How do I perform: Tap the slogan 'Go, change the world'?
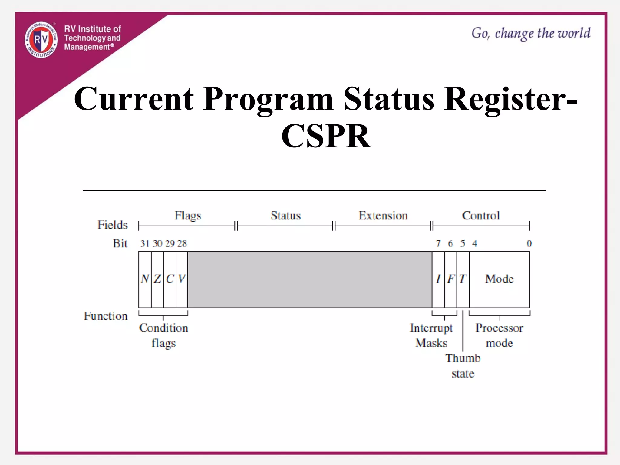pyautogui.click(x=531, y=33)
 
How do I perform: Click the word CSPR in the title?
pyautogui.click(x=326, y=136)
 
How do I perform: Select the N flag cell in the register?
pyautogui.click(x=145, y=279)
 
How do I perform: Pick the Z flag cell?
pyautogui.click(x=157, y=279)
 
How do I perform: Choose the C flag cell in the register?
pyautogui.click(x=170, y=279)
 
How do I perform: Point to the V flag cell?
pyautogui.click(x=182, y=279)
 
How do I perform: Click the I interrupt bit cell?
pyautogui.click(x=438, y=279)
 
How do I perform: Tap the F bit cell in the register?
pyautogui.click(x=450, y=279)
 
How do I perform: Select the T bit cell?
pyautogui.click(x=463, y=279)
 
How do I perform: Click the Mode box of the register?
pyautogui.click(x=500, y=279)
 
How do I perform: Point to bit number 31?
pyautogui.click(x=145, y=243)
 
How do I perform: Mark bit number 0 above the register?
pyautogui.click(x=529, y=243)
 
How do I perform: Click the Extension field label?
pyautogui.click(x=383, y=216)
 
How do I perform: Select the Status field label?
pyautogui.click(x=285, y=216)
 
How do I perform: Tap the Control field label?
pyautogui.click(x=481, y=216)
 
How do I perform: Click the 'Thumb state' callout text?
pyautogui.click(x=463, y=366)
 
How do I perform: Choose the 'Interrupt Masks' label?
pyautogui.click(x=431, y=335)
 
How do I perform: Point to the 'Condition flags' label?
pyautogui.click(x=163, y=335)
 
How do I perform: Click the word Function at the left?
pyautogui.click(x=106, y=316)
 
